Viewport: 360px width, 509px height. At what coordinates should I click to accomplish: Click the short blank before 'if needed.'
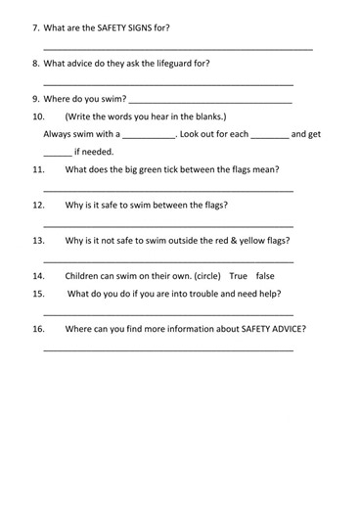58,154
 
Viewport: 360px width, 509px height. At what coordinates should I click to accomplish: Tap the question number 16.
39,329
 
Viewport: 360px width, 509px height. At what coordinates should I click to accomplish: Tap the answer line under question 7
178,49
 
